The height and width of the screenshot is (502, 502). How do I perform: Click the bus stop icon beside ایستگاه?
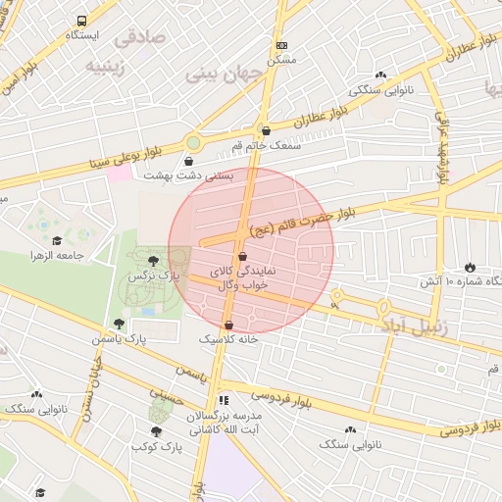tap(80, 20)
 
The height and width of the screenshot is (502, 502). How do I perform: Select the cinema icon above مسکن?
tap(281, 45)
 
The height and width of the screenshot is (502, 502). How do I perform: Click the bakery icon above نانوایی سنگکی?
tap(380, 75)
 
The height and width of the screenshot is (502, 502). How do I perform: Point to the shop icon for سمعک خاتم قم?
tap(265, 130)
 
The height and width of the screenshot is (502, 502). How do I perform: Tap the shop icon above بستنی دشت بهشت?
tap(188, 162)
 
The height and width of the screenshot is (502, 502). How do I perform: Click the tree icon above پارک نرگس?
tap(154, 261)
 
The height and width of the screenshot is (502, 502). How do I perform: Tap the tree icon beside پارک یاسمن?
tap(119, 324)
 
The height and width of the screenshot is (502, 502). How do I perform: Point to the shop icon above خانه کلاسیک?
tap(228, 325)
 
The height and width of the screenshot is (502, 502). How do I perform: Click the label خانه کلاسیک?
tap(228, 338)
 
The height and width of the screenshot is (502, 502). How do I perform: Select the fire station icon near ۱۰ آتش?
tap(470, 267)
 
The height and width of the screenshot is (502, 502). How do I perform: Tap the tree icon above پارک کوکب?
tap(156, 431)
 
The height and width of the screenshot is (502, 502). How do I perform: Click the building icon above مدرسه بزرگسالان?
tap(224, 400)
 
